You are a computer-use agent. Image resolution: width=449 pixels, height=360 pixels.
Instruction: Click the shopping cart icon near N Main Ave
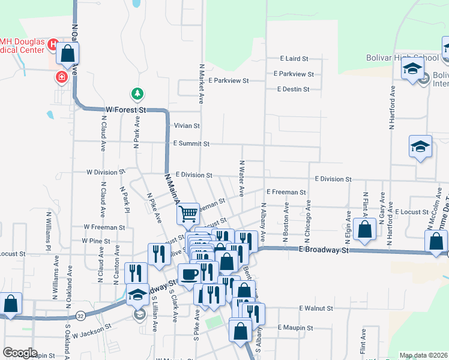188,213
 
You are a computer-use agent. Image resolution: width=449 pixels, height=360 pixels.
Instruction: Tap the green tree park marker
137,94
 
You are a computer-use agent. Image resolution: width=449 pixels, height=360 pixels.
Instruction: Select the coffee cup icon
189,274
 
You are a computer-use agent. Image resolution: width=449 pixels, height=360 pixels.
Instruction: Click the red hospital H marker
53,44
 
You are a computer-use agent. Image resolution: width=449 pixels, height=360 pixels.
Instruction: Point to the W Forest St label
126,110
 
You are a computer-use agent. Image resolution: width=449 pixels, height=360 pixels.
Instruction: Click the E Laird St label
294,59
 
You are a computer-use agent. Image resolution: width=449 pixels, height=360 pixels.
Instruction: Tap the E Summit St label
191,144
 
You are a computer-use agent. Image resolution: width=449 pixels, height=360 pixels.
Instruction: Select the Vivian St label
187,126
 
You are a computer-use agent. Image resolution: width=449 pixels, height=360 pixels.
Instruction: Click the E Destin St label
293,89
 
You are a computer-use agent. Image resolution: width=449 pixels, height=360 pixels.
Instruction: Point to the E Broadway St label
324,250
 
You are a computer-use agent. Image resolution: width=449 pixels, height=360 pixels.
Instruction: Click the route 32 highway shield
80,315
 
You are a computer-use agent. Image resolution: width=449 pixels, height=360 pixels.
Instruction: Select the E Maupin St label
295,328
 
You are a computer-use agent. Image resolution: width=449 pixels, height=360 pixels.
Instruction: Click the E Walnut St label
316,308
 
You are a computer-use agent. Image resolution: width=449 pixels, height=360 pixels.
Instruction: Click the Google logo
20,353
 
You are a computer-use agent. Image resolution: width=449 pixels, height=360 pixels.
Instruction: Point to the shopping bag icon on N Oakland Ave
68,54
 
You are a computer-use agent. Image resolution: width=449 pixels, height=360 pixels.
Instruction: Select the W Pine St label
97,241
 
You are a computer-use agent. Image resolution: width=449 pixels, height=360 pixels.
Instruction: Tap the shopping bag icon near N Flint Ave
364,229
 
